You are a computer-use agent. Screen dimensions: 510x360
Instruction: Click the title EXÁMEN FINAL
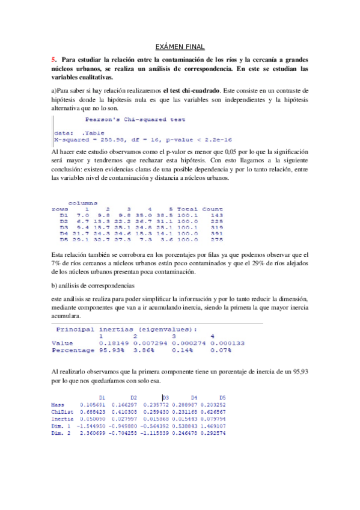(x=180, y=46)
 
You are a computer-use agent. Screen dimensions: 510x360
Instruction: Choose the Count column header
(x=213, y=209)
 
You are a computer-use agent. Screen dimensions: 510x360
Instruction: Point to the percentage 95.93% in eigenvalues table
(x=111, y=349)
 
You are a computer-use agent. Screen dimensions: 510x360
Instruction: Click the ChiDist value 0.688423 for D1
(x=93, y=411)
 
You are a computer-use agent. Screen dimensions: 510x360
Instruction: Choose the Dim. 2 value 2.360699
(x=93, y=431)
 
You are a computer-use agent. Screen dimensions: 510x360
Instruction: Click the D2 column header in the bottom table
(x=134, y=398)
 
